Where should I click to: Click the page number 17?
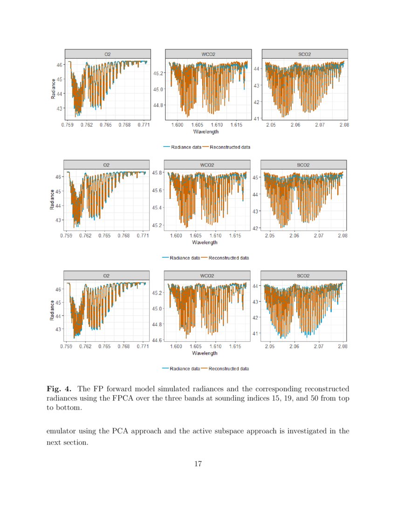pyautogui.click(x=198, y=463)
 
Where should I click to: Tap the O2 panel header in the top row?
pyautogui.click(x=107, y=54)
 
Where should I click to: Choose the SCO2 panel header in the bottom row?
pyautogui.click(x=303, y=276)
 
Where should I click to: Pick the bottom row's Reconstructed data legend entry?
pyautogui.click(x=228, y=369)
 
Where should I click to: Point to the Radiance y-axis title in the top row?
pyautogui.click(x=53, y=88)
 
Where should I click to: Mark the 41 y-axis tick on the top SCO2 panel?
pyautogui.click(x=256, y=118)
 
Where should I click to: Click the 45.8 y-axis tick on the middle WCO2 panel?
pyautogui.click(x=157, y=173)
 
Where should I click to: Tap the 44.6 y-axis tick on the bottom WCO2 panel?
pyautogui.click(x=157, y=340)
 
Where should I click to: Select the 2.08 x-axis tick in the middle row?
pyautogui.click(x=342, y=236)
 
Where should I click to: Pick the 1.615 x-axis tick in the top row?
pyautogui.click(x=236, y=125)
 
